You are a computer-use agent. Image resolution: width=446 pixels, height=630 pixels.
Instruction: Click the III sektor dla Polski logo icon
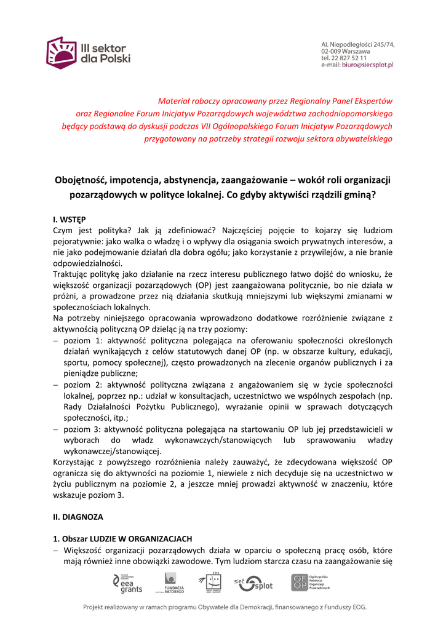[x=62, y=52]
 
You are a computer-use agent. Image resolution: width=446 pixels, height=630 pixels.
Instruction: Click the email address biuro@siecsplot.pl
[x=367, y=65]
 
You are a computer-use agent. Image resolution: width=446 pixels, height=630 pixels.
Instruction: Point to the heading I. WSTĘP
[x=70, y=219]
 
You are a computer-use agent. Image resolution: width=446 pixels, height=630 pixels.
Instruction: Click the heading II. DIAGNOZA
[x=78, y=517]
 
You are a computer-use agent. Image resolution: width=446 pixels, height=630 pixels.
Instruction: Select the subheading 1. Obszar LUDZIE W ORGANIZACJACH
[x=122, y=539]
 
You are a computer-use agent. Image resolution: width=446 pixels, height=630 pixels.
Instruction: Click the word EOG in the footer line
[x=356, y=608]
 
